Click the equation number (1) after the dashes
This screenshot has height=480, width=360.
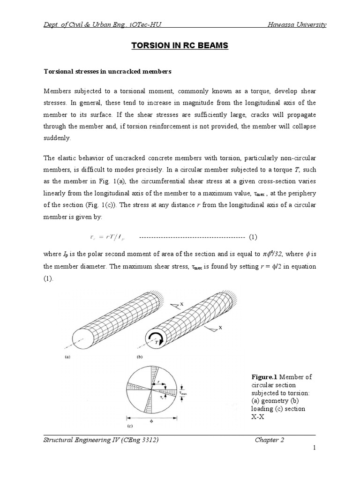tap(253, 237)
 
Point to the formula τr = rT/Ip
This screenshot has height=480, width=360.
tap(104, 237)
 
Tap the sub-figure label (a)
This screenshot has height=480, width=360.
tap(67, 357)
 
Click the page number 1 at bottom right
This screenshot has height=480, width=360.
tap(315, 449)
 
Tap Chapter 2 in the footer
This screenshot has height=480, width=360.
tap(270, 439)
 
